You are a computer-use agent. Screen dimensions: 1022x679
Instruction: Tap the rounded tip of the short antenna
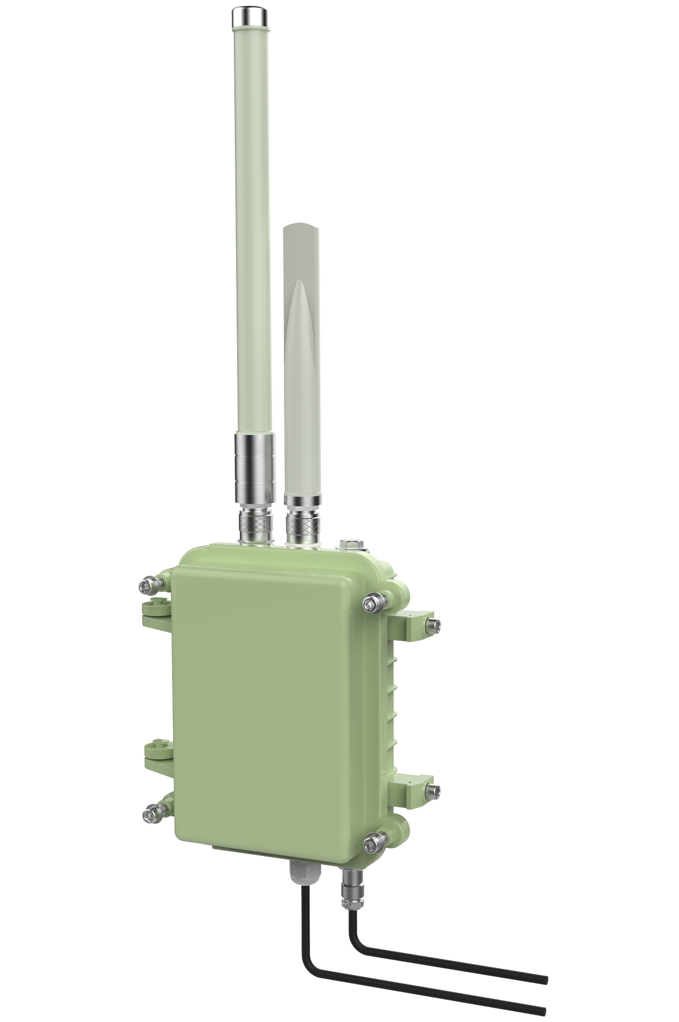(x=301, y=230)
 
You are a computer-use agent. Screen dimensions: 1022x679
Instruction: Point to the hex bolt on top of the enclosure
(x=350, y=545)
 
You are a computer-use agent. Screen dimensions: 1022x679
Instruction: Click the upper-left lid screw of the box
(x=146, y=586)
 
